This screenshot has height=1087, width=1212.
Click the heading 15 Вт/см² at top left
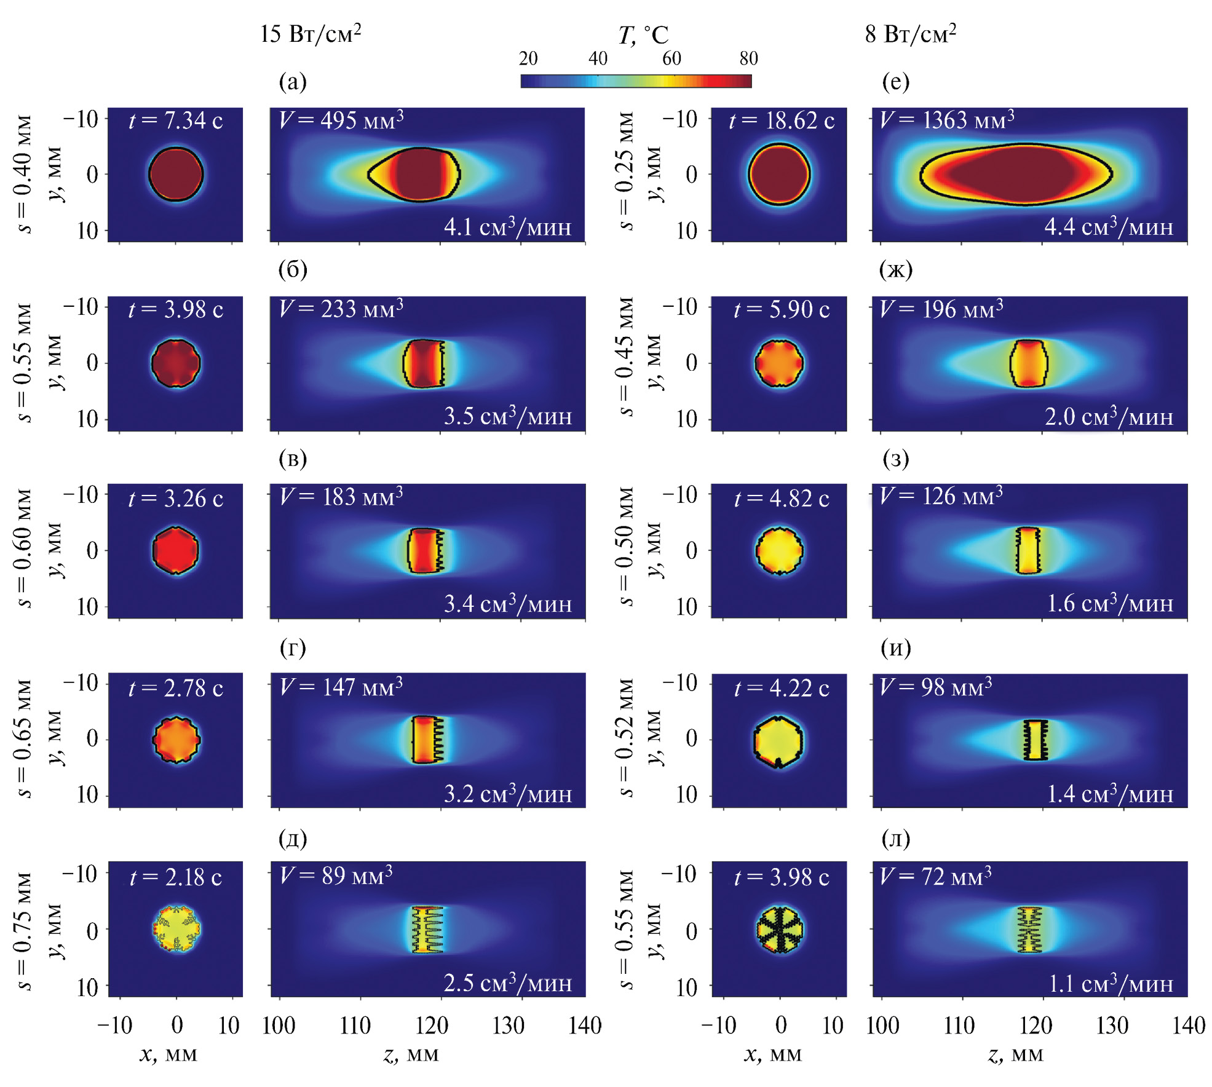coord(310,33)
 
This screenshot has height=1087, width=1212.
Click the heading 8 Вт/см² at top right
coord(910,33)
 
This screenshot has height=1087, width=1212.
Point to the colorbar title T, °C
coord(643,36)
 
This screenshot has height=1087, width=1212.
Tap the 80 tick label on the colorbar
coord(748,58)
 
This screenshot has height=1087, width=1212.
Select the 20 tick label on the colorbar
coord(528,58)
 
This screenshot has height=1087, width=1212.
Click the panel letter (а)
coord(293,81)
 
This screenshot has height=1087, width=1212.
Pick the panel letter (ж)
coord(896,269)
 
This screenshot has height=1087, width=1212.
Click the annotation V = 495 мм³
coord(341,119)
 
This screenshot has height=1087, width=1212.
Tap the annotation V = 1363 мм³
coord(947,119)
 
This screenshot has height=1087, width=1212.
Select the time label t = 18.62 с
coord(782,121)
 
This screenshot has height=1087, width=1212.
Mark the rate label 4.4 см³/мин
coord(1109,227)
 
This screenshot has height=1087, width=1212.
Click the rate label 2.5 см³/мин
coord(508,982)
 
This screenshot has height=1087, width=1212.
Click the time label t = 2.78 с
coord(176,688)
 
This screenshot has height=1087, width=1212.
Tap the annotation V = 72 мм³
coord(935,876)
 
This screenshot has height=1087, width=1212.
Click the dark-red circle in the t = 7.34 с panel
coord(176,174)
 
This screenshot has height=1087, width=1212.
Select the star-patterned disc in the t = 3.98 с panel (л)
coord(779,929)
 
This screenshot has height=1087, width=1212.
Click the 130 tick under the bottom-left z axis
coord(509,1025)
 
